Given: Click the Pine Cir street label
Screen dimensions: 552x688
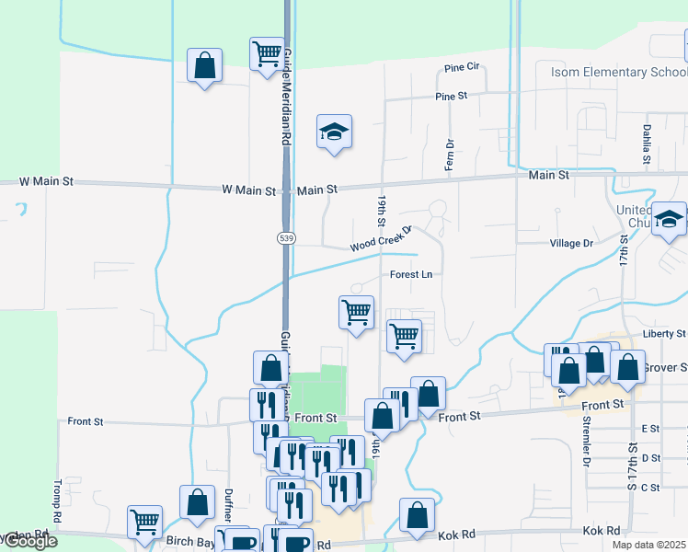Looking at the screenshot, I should (462, 67).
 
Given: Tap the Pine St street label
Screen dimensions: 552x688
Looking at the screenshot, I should (452, 96).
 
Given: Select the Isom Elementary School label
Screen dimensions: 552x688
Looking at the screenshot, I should (618, 72).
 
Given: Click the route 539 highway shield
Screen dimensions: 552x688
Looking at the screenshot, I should (286, 237).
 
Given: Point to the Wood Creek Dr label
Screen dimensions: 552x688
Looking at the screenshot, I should (379, 241).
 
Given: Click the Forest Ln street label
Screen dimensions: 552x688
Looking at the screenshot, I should (410, 274).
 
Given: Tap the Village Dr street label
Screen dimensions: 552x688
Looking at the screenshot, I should (571, 243).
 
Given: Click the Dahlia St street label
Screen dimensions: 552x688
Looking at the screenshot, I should (648, 140).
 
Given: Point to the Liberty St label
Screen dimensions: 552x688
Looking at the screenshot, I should (665, 333).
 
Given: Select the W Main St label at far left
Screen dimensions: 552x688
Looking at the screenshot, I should (46, 181).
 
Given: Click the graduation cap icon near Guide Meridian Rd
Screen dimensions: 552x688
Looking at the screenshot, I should (335, 132).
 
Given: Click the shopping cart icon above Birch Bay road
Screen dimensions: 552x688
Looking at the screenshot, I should (145, 522).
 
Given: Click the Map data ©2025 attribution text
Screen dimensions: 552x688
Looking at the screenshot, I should (648, 545).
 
